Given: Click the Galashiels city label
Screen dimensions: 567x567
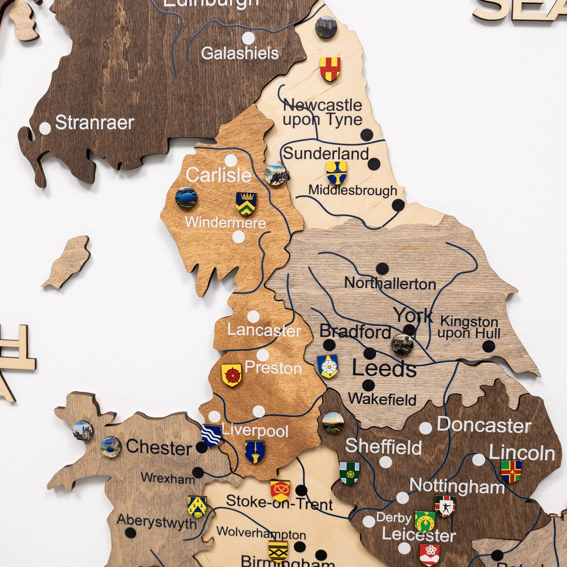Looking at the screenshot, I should (240, 53).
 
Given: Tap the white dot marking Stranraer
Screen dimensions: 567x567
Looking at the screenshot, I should (45, 128).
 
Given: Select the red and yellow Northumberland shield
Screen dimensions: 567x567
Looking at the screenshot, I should (330, 69).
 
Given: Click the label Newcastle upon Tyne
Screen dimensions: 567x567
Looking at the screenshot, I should (322, 112).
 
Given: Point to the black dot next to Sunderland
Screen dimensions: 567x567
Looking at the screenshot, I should (374, 164).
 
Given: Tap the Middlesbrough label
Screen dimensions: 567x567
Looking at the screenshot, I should (352, 191).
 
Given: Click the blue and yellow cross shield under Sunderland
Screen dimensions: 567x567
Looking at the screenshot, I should (336, 172).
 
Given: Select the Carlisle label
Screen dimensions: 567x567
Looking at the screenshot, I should (219, 175).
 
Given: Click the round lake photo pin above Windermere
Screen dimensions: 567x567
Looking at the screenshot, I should (186, 198).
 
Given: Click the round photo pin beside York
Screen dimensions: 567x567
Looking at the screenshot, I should (402, 344).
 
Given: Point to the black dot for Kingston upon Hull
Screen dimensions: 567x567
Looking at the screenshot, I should (488, 346).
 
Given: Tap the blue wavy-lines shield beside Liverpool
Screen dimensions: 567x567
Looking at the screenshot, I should (211, 435).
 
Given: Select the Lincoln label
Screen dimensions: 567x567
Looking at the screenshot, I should (522, 454).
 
